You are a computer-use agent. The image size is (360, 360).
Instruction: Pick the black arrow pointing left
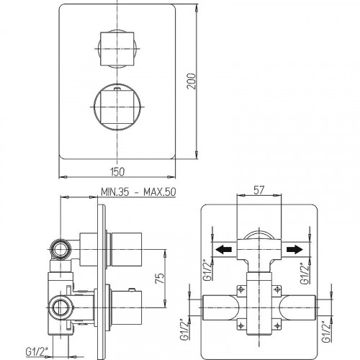(225, 250)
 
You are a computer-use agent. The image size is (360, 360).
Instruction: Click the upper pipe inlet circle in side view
(59, 251)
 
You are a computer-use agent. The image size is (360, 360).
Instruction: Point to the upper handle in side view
(130, 246)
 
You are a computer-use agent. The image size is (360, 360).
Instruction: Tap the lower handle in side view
(130, 304)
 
